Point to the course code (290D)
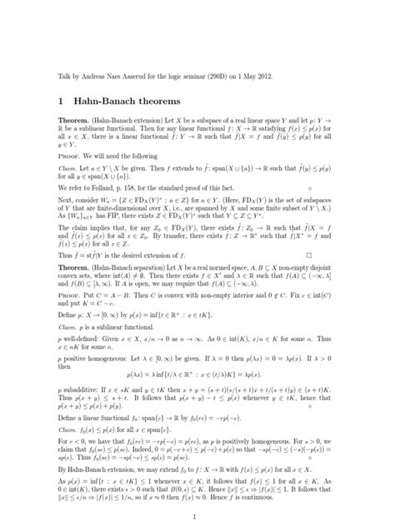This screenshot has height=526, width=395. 222,76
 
